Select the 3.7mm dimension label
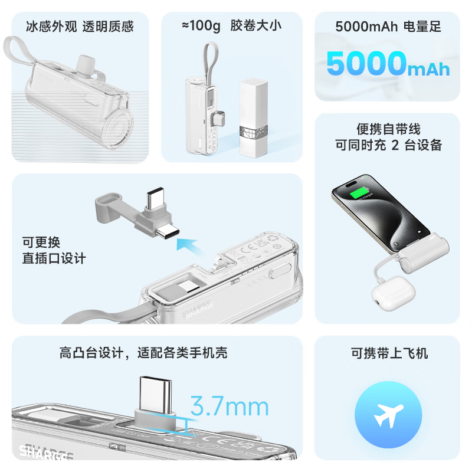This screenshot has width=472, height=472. pyautogui.click(x=229, y=407)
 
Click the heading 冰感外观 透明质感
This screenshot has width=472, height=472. pyautogui.click(x=80, y=27)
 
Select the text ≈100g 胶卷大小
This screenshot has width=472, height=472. pyautogui.click(x=232, y=26)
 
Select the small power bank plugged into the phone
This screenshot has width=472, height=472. pyautogui.click(x=421, y=250)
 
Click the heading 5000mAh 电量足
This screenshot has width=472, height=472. pyautogui.click(x=388, y=27)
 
